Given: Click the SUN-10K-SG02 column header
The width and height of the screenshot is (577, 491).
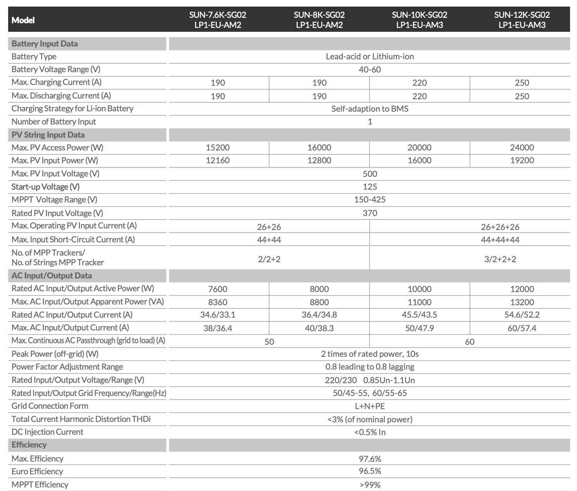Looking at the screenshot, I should pos(419,20).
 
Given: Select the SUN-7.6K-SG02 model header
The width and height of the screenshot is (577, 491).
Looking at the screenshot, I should pos(218,20).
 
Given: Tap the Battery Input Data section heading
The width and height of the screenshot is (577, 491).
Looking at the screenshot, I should pos(45,44).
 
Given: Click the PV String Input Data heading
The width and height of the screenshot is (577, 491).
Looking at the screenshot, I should pos(48,135).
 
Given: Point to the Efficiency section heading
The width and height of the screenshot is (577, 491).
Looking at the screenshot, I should pos(29,445).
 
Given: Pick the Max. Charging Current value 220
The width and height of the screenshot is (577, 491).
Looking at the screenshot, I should pos(419,83).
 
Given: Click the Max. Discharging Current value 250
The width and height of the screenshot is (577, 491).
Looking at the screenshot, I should pos(522,96).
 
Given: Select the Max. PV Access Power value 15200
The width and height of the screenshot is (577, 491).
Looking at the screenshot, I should pos(218,148).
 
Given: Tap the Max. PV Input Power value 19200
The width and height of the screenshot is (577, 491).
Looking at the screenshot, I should pos(522,161).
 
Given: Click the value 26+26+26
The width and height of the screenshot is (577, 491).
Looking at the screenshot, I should pos(500,227).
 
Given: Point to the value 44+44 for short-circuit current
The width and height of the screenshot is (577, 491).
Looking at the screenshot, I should pos(269,240).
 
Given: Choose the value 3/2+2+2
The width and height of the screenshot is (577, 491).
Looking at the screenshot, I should pos(500,259).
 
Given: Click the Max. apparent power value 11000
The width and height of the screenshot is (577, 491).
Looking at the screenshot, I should pos(419,302).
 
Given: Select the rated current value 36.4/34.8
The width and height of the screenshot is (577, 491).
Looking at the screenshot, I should pos(319,315).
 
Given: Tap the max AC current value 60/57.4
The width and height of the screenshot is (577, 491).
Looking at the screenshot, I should pos(522,328).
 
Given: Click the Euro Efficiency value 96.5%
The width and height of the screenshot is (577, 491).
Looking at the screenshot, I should pos(370,471).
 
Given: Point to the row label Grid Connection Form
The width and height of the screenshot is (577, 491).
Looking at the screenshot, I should pos(50,406).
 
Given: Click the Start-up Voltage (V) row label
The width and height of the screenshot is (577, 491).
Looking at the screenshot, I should pos(45,187).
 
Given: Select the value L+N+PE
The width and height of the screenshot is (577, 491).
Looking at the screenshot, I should pos(370,406).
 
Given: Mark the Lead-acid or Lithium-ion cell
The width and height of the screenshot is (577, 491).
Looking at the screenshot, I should pos(370,57).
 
